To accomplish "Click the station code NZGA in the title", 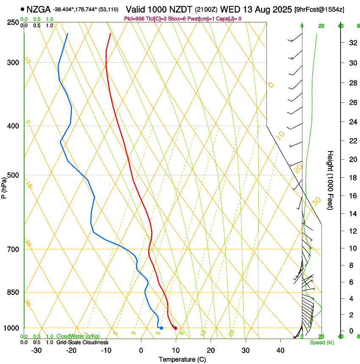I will [x=39, y=9].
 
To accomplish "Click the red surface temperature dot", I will [x=175, y=328].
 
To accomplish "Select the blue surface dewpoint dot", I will [x=161, y=328].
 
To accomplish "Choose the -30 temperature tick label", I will [x=36, y=350].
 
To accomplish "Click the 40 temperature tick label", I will [x=280, y=350].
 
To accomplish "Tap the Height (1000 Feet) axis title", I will [x=330, y=180].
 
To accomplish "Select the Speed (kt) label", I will [x=322, y=342].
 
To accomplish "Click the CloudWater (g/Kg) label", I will [x=78, y=336].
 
